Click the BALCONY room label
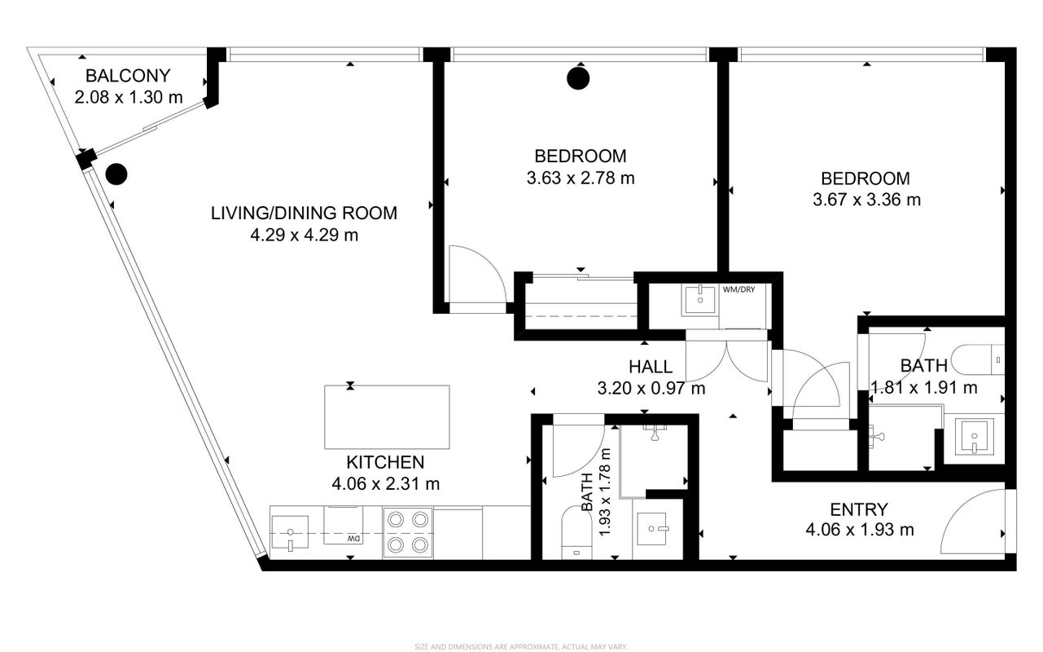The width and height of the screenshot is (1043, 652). [128, 76]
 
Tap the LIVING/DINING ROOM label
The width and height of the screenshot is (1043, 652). [304, 213]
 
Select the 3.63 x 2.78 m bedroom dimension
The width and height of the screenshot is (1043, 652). [581, 178]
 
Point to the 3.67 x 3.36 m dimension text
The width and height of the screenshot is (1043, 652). [866, 200]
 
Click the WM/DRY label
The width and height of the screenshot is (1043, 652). [738, 289]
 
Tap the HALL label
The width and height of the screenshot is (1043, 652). [651, 367]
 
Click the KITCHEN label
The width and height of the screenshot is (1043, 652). [386, 462]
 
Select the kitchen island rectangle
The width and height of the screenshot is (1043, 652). [387, 417]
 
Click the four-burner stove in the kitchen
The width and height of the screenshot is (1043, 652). [408, 531]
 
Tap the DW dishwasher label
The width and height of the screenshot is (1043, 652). [354, 539]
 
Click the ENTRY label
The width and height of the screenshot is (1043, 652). [859, 510]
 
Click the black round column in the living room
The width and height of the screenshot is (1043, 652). [116, 174]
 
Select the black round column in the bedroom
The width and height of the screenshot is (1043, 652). [578, 78]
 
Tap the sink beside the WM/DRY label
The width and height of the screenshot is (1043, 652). [700, 300]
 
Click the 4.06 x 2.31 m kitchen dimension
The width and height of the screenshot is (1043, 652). [386, 484]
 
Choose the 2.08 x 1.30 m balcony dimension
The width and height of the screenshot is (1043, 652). [129, 98]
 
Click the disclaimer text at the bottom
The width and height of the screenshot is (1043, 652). [521, 647]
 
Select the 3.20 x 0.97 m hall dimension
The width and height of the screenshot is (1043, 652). [651, 388]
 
